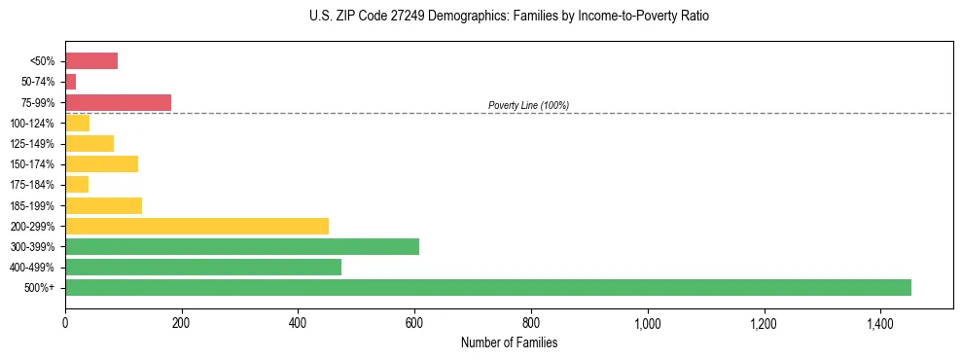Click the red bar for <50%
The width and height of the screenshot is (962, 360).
(91, 61)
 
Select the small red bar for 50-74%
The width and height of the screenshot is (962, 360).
(70, 82)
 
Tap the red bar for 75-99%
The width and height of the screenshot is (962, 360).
(118, 102)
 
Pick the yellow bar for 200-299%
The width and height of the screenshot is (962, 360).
(196, 226)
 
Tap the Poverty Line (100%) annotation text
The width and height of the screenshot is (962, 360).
(528, 105)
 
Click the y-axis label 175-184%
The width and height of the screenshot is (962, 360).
(32, 185)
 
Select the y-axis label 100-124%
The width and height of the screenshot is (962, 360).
(32, 124)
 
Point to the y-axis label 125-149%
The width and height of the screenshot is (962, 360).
(32, 144)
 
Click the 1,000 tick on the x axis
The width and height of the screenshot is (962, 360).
(647, 322)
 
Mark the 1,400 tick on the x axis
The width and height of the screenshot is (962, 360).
(879, 322)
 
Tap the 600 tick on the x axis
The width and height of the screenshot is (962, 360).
(414, 322)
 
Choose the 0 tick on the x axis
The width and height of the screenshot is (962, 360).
(65, 322)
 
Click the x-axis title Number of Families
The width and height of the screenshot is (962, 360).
(509, 342)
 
